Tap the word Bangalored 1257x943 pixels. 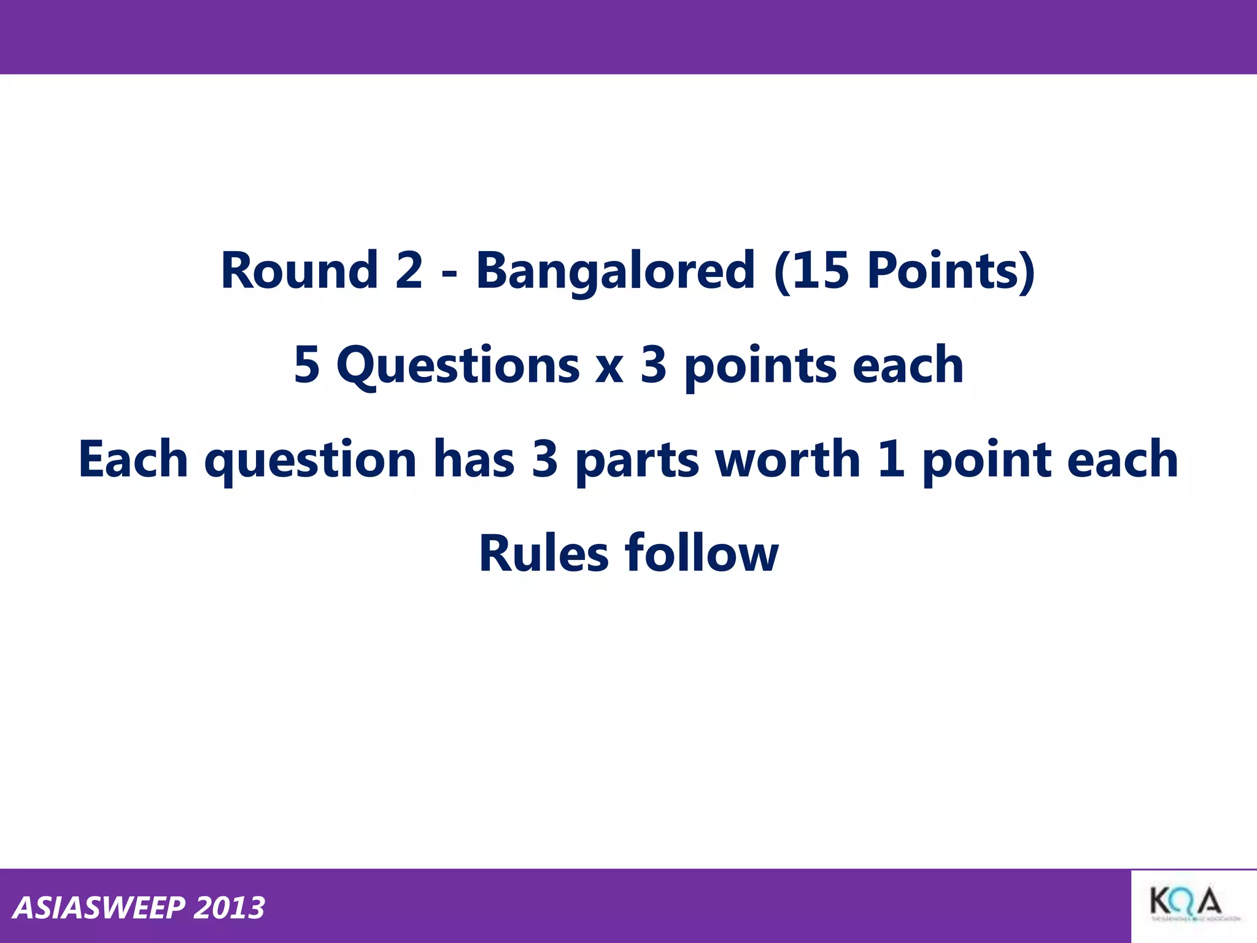[615, 271]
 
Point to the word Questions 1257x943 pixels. [458, 367]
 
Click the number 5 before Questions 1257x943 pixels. [307, 365]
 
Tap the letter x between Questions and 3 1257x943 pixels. [609, 368]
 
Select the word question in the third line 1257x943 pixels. [311, 461]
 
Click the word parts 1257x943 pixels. [636, 461]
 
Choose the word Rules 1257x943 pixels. [543, 553]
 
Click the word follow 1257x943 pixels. [702, 553]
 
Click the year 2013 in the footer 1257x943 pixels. [229, 908]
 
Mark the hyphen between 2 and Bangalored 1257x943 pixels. [449, 275]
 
